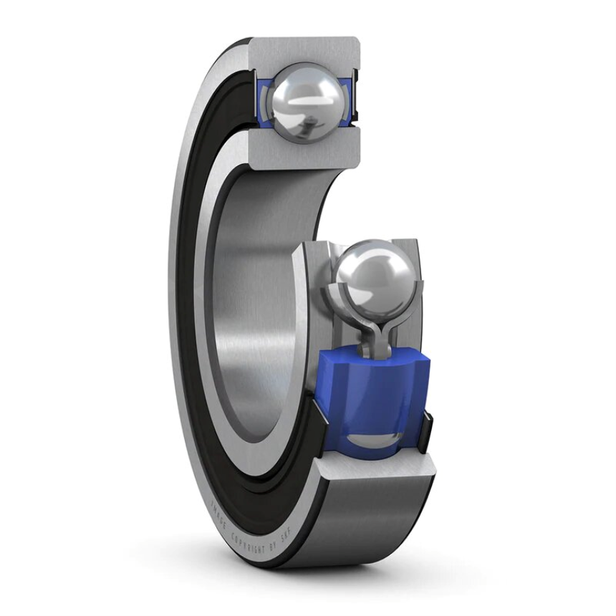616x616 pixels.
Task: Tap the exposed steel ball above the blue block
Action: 374,276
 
